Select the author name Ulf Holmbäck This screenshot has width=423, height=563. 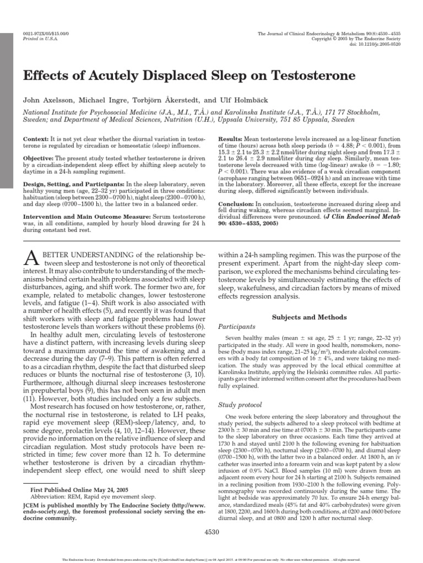[x=271, y=101]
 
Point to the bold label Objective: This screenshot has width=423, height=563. [x=39, y=157]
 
